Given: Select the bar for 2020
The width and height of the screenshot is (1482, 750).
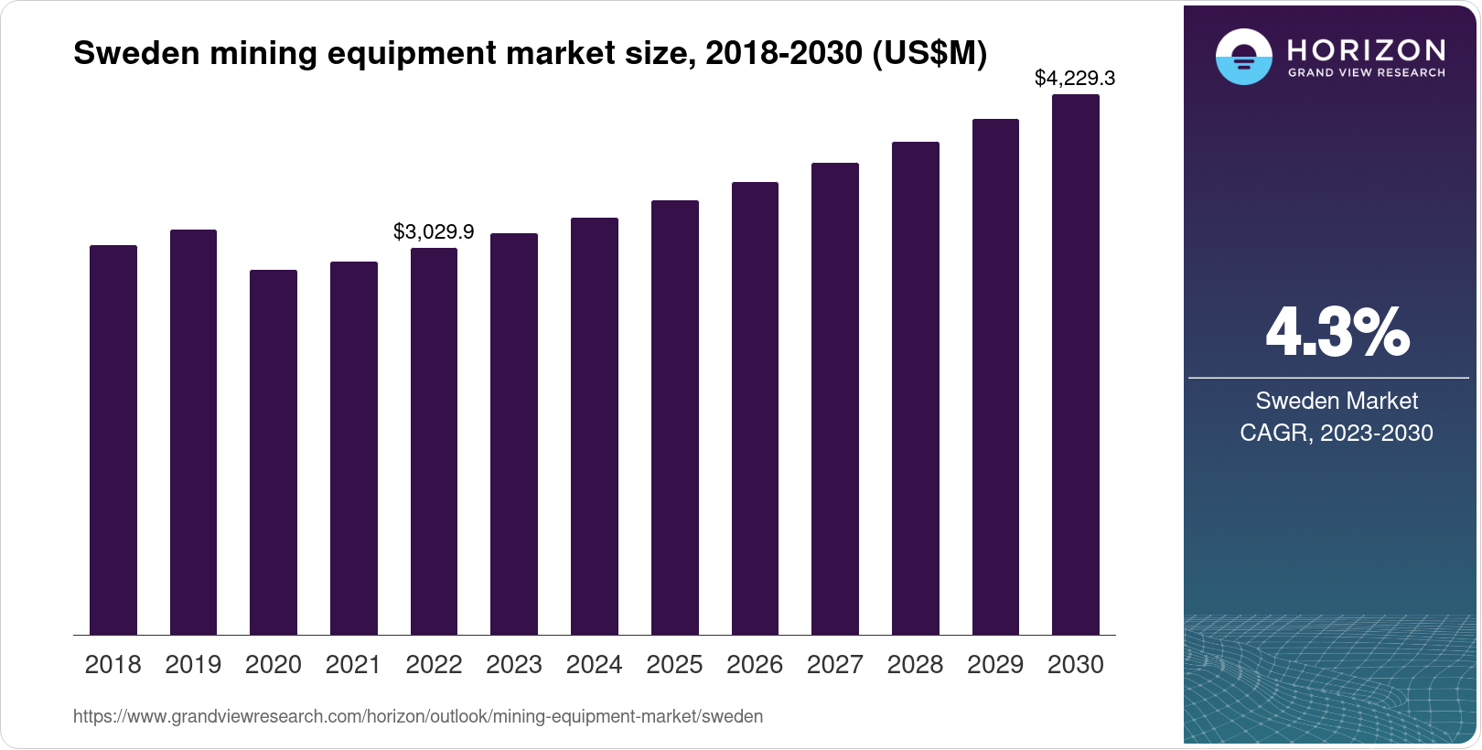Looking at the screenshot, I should pyautogui.click(x=274, y=452).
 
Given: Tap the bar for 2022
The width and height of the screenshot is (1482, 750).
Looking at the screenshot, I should pyautogui.click(x=434, y=441).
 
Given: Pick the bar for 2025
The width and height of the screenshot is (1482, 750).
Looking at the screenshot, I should pyautogui.click(x=674, y=417).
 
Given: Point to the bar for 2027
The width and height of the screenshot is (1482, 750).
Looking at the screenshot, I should pyautogui.click(x=834, y=399).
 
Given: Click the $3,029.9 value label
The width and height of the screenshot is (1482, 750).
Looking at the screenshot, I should pyautogui.click(x=434, y=231).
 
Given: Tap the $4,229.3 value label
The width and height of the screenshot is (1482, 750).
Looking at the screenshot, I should pyautogui.click(x=1074, y=78).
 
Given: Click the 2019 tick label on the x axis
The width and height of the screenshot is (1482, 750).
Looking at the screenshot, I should pyautogui.click(x=193, y=664).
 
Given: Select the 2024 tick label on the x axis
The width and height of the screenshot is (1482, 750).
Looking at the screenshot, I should pyautogui.click(x=594, y=664).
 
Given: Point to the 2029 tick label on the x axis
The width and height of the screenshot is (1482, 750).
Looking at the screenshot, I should pyautogui.click(x=995, y=664).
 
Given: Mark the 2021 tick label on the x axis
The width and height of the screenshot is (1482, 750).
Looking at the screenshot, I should pyautogui.click(x=353, y=664).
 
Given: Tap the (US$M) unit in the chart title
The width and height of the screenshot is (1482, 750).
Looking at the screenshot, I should pyautogui.click(x=929, y=53).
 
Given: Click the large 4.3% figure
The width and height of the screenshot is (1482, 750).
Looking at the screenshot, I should pyautogui.click(x=1337, y=332).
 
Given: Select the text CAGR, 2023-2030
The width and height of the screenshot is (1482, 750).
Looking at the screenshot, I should pyautogui.click(x=1336, y=433).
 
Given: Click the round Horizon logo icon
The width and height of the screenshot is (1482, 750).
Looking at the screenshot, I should pyautogui.click(x=1243, y=58).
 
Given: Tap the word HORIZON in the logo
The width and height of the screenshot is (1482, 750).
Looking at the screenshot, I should pyautogui.click(x=1366, y=49).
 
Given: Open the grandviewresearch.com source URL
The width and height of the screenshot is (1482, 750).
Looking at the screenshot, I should pyautogui.click(x=418, y=716).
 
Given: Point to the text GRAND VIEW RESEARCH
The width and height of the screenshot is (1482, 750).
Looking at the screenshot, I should pyautogui.click(x=1366, y=72).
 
